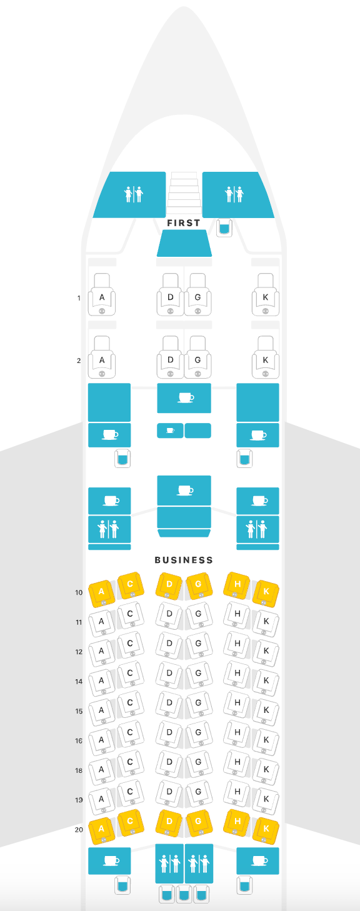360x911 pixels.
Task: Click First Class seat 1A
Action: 102,295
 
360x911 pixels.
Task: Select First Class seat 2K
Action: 266,357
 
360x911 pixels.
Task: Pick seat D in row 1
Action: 170,295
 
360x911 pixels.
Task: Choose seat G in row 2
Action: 197,357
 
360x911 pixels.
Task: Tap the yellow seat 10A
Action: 102,594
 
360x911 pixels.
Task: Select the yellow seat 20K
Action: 266,830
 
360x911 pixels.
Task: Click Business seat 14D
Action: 169,675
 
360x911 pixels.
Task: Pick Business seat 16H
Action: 237,734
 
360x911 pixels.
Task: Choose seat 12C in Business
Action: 131,645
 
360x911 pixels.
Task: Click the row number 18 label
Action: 79,770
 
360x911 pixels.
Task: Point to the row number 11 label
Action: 79,622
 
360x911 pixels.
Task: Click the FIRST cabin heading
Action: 184,223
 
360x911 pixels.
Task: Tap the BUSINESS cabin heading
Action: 184,560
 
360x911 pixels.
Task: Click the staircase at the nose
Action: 184,193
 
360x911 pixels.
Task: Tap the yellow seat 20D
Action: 169,823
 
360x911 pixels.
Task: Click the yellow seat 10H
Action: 237,585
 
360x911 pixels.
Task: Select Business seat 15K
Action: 266,712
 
